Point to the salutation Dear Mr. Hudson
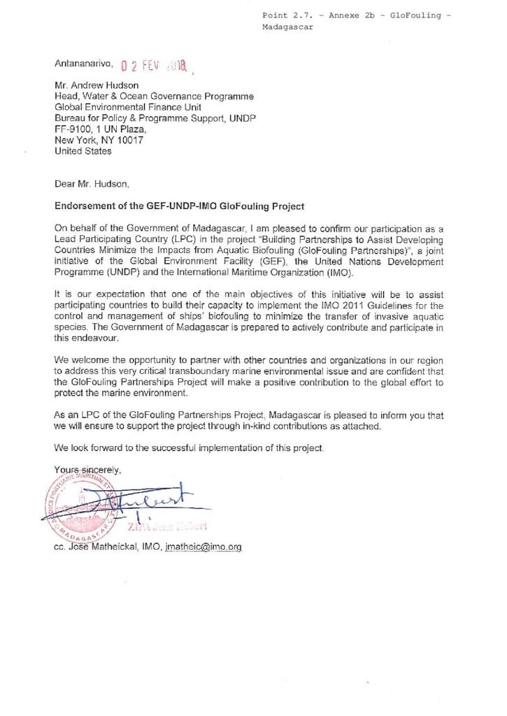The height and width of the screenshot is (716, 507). click(x=92, y=185)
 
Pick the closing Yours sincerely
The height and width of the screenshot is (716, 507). click(x=88, y=469)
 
